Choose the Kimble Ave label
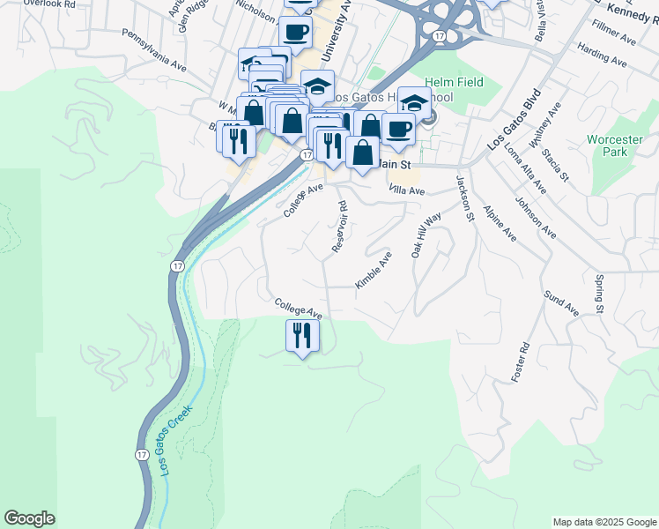pos(374,270)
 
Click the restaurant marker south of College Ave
pos(302,336)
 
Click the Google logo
pos(29,518)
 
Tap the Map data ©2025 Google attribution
pos(603,522)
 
